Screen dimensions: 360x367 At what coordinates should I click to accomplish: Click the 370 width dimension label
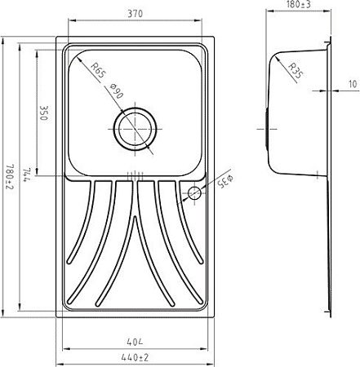pos(135,14)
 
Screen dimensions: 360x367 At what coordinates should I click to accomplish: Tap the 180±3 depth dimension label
pos(299,4)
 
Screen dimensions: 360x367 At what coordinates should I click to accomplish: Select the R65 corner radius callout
pos(97,70)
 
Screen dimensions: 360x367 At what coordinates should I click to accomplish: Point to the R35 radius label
pos(296,70)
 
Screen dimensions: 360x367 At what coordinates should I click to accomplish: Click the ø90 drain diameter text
pos(117,91)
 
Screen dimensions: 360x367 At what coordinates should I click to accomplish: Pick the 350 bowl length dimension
pos(44,113)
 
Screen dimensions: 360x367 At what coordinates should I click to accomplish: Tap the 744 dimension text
pos(28,175)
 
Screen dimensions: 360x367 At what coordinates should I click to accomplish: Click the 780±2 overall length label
pos(10,176)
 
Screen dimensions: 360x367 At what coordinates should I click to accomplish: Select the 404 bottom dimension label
pos(135,342)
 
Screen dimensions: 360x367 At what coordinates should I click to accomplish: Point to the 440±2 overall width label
pos(135,357)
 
